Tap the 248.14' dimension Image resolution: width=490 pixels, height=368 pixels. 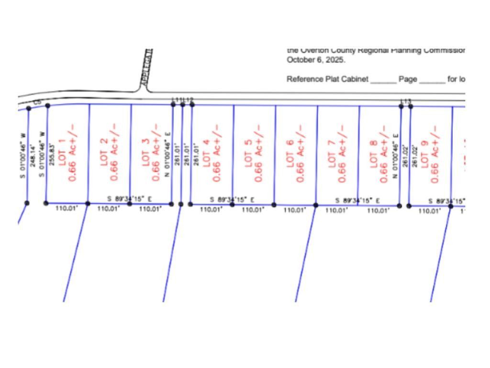(x=33, y=155)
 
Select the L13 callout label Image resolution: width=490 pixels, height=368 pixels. (x=405, y=101)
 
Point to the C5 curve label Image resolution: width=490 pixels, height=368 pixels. (x=37, y=102)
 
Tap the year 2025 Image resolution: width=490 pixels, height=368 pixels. (x=335, y=60)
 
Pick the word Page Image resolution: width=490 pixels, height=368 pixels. (x=408, y=79)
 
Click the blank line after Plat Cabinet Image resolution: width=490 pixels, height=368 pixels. (x=383, y=80)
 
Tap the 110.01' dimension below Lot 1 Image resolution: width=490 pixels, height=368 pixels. (x=67, y=208)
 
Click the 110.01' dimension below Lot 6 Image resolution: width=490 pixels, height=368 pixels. (x=295, y=210)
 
